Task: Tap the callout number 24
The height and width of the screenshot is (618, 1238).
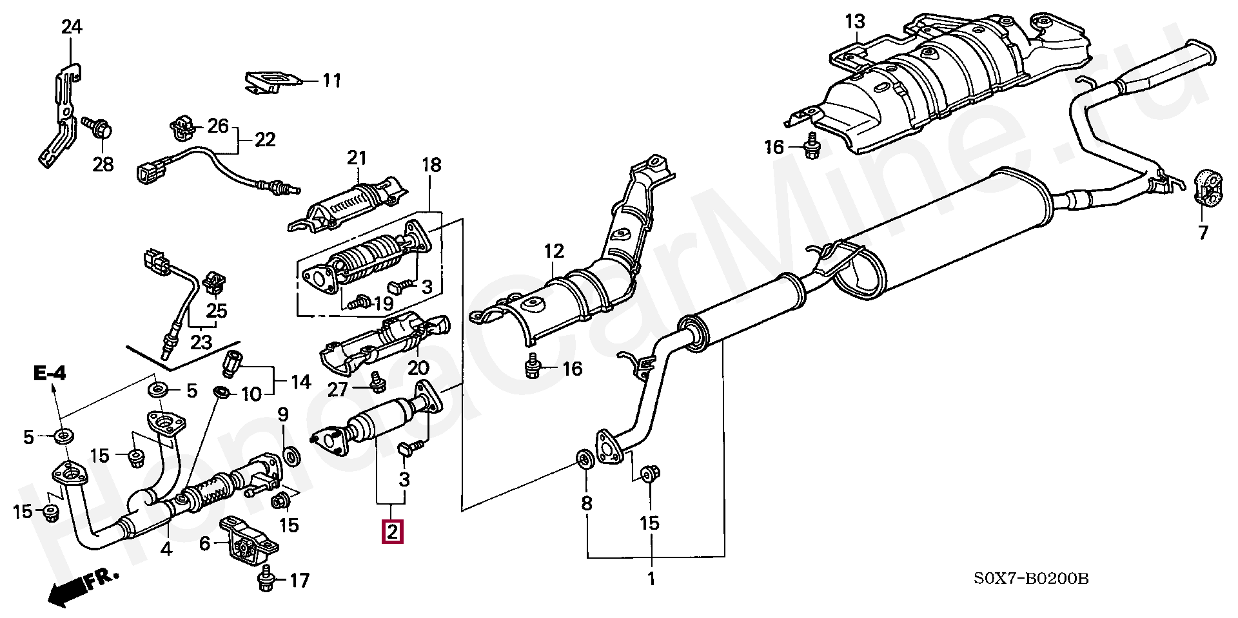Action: coord(72,28)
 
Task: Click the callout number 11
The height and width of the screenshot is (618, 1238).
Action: coord(331,81)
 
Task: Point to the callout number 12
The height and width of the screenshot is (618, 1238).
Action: coord(554,251)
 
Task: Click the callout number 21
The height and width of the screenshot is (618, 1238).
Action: coord(357,158)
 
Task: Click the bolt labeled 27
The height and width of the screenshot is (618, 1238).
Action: coord(375,384)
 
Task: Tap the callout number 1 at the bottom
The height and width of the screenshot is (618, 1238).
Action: coord(651,578)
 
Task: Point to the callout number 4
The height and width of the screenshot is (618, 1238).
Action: coord(166,550)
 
